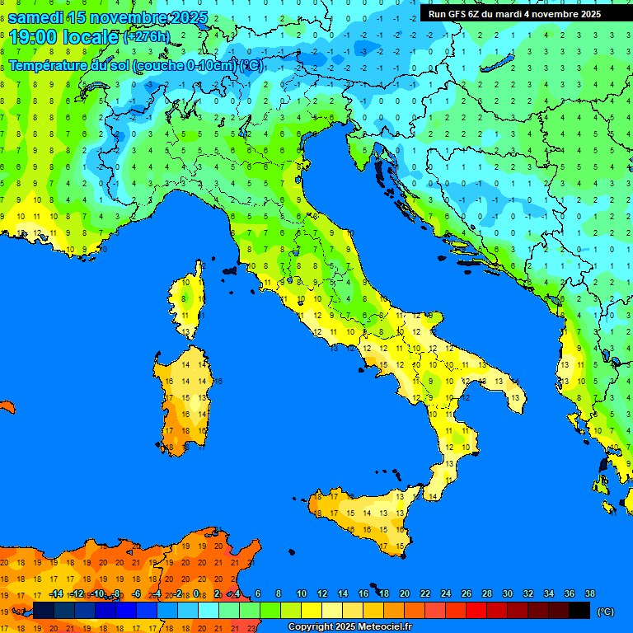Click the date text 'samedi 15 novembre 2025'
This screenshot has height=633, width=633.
(107, 17)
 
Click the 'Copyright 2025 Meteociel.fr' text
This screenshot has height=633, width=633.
(349, 626)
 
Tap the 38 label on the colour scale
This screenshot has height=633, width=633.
(589, 593)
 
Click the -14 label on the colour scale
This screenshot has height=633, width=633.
(56, 593)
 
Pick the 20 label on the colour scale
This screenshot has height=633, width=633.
(404, 593)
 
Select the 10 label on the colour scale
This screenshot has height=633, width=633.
(301, 593)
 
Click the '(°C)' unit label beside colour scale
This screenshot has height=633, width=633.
(606, 612)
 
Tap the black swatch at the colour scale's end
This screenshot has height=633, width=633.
(579, 611)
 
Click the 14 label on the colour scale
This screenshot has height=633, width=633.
(342, 593)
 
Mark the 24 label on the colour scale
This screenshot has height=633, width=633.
(445, 593)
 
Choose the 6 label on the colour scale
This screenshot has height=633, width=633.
(258, 593)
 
